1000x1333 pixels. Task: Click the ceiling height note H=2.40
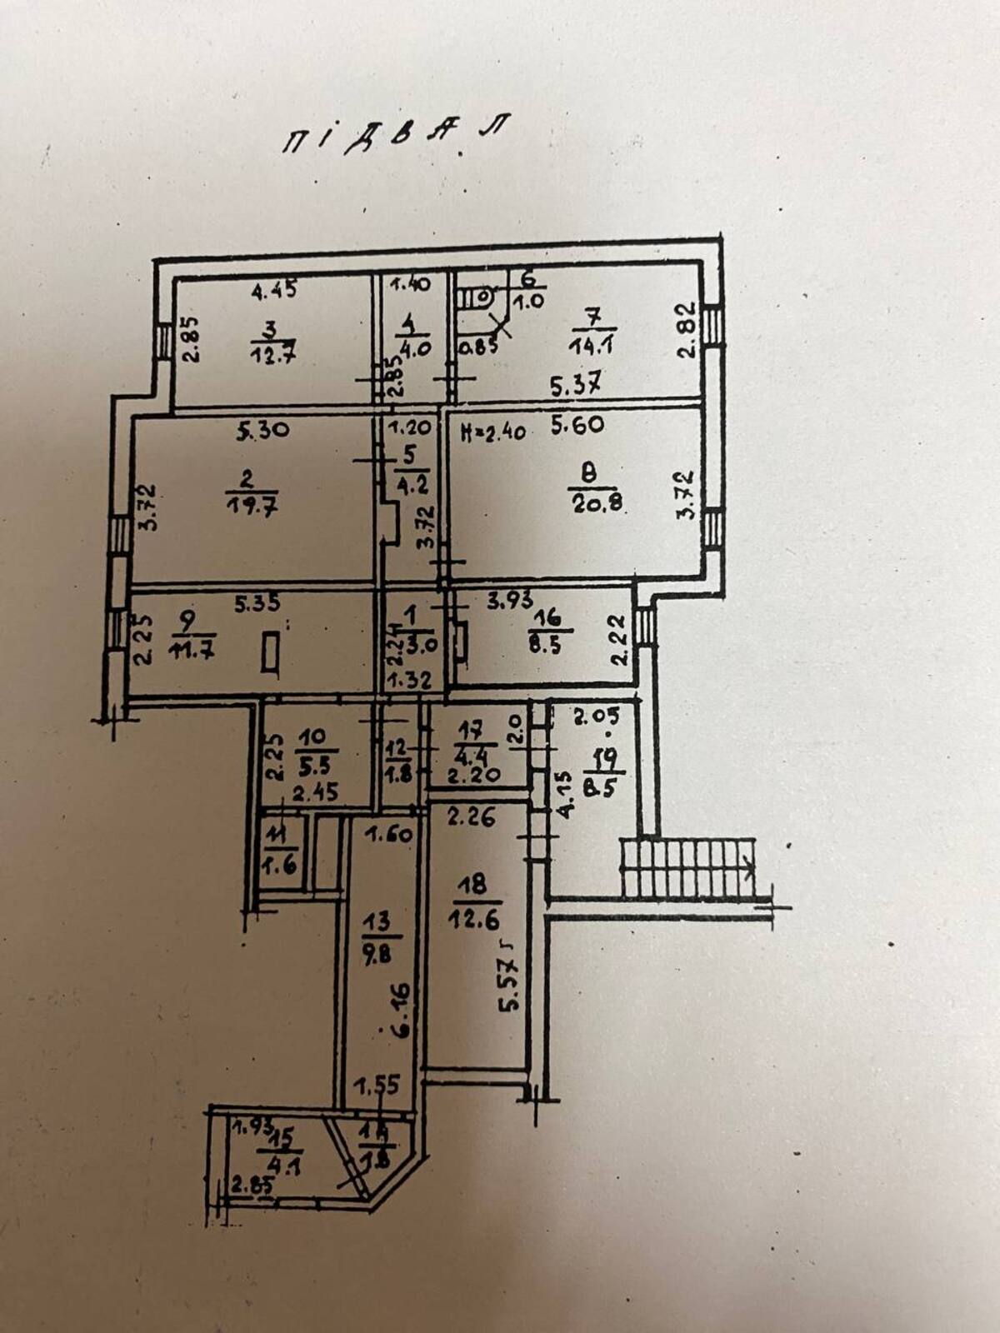coord(494,432)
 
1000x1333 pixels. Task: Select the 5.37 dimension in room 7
coord(577,385)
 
